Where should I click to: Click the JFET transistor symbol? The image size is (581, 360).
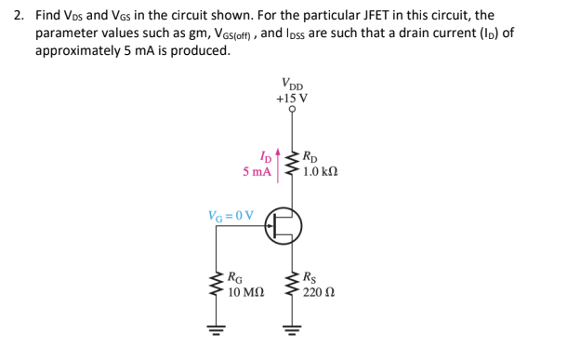click(x=284, y=224)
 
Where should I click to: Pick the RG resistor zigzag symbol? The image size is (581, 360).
click(x=218, y=284)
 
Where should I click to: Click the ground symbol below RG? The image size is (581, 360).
click(x=218, y=327)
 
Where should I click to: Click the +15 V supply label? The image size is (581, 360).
click(x=292, y=98)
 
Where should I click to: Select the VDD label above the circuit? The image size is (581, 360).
click(x=293, y=83)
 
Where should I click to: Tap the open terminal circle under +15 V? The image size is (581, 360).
click(x=293, y=109)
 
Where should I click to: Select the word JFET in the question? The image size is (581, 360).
click(x=400, y=16)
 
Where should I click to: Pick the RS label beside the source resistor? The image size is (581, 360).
click(x=312, y=278)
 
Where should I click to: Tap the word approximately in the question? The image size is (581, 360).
click(x=79, y=49)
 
